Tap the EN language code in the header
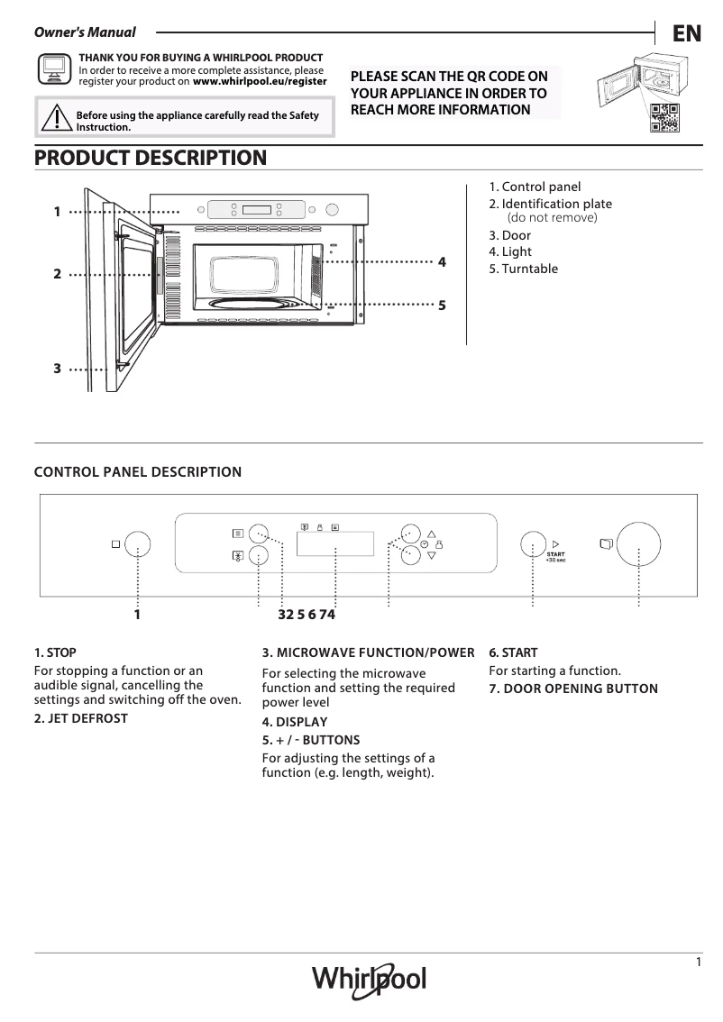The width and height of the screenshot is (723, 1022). [687, 33]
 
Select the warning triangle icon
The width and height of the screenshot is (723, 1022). [56, 118]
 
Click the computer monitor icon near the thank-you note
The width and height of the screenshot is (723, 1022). [53, 68]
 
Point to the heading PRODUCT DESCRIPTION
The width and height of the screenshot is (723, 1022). [151, 158]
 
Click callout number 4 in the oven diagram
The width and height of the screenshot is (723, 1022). [442, 261]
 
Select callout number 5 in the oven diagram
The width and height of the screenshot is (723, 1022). [442, 306]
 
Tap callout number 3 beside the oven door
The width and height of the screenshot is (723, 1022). [57, 368]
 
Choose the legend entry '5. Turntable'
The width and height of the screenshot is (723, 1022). [523, 269]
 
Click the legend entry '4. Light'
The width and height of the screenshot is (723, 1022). [510, 251]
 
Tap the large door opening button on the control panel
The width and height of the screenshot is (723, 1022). [638, 543]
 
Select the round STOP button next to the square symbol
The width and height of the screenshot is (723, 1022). [137, 543]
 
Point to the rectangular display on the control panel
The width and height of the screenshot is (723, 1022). [334, 543]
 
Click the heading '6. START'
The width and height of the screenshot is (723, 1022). [513, 652]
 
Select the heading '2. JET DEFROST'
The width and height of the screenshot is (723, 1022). [81, 718]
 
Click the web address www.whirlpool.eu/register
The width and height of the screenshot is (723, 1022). [260, 80]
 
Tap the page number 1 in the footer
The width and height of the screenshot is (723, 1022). [699, 963]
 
